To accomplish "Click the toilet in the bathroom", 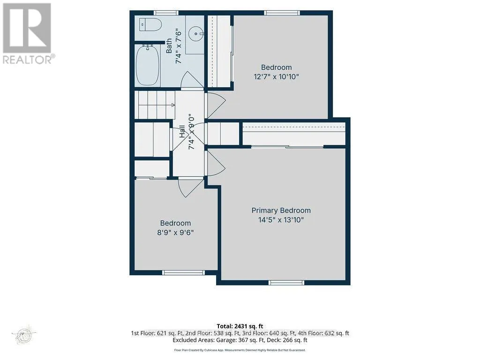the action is click(x=150, y=25).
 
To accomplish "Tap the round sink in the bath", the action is click(x=195, y=34).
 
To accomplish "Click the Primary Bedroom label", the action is click(x=281, y=210).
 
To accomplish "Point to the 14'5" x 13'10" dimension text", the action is click(x=281, y=219).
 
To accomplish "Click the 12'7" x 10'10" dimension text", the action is click(x=276, y=76).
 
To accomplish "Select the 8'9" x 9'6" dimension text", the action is click(x=175, y=232).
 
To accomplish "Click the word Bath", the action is click(x=169, y=46).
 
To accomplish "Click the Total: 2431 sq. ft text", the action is click(x=240, y=326).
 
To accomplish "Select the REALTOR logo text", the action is click(x=29, y=60).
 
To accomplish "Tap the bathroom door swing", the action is click(x=192, y=80).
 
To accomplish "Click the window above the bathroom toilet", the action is click(x=165, y=13).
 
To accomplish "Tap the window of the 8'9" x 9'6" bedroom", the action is click(x=183, y=272).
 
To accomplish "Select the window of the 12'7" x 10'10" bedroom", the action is click(x=282, y=13).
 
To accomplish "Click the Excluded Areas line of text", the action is click(x=240, y=340).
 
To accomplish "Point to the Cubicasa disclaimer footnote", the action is click(x=240, y=350).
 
